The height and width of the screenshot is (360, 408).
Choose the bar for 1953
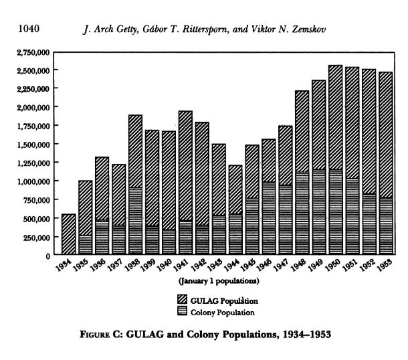(x=386, y=163)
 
